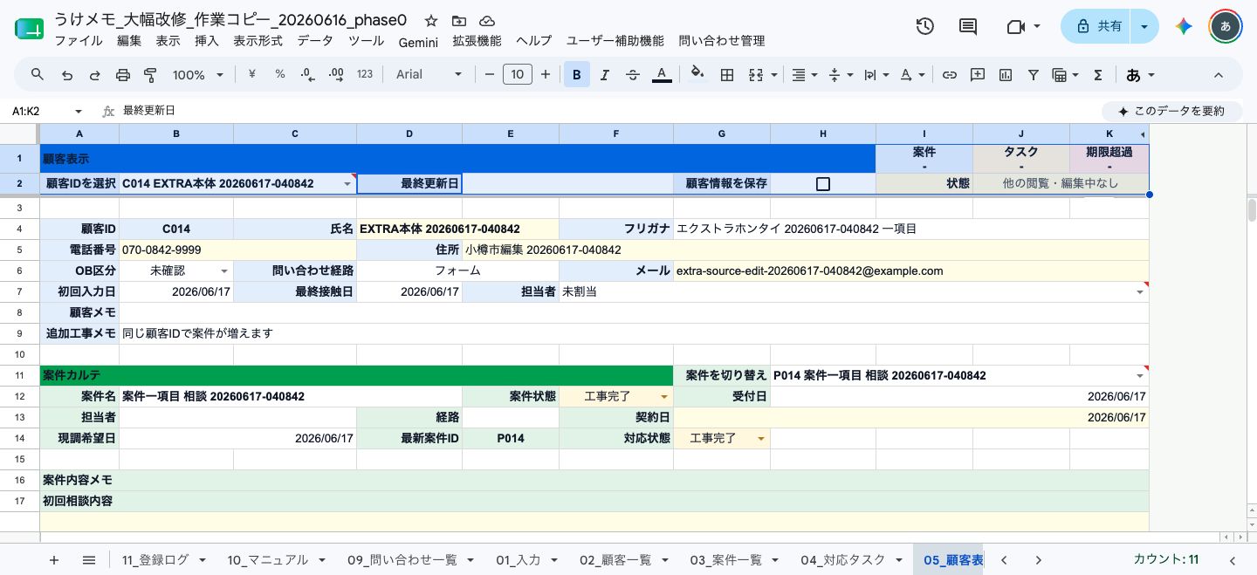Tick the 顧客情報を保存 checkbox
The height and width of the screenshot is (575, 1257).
coord(822,184)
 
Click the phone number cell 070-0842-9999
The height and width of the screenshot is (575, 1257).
coord(238,250)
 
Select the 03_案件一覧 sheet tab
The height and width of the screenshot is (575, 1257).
coord(726,560)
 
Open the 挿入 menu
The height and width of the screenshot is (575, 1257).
coord(207,41)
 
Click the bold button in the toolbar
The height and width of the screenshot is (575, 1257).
coord(576,75)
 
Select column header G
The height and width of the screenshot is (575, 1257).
coord(722,134)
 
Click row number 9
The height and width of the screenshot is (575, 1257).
coord(19,334)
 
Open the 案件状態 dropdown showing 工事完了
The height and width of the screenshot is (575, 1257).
coord(615,397)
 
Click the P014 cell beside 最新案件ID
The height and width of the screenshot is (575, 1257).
coord(511,438)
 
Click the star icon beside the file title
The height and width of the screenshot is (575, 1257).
coord(431,21)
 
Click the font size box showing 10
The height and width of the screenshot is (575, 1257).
coord(517,75)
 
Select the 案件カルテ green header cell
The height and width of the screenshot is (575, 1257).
coord(356,375)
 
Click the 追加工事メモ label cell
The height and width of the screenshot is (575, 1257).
coord(79,334)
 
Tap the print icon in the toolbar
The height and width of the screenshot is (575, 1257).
coord(122,75)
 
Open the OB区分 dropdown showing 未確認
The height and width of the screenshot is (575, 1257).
coord(176,271)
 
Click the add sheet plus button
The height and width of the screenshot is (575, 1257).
coord(54,560)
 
